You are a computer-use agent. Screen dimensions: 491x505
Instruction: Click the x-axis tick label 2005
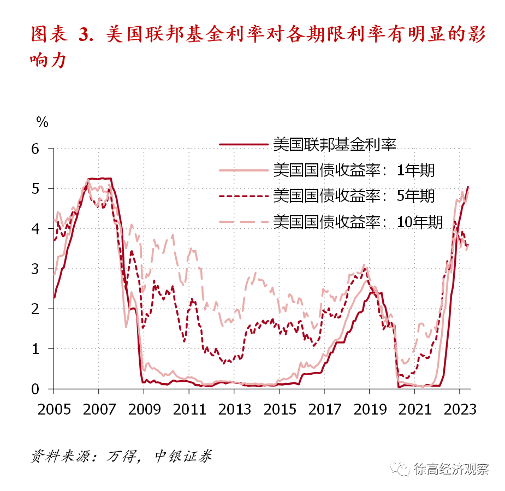(54, 409)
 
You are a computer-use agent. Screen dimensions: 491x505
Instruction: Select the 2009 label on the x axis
(144, 409)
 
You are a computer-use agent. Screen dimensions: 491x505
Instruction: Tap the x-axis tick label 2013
(234, 409)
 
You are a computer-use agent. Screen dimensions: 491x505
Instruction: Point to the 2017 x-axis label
(324, 409)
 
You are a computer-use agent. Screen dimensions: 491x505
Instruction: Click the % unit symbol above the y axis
(42, 121)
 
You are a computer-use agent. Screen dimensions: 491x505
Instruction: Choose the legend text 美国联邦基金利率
(334, 144)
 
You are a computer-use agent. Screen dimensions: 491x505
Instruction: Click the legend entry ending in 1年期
(354, 170)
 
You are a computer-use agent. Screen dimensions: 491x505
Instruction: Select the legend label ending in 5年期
(354, 196)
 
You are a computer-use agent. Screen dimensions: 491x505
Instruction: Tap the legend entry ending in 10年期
(358, 221)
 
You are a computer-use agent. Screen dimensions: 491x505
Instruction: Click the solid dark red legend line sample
(244, 145)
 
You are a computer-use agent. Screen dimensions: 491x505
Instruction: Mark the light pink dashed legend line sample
(244, 221)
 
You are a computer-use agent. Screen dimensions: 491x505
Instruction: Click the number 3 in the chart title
(84, 34)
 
